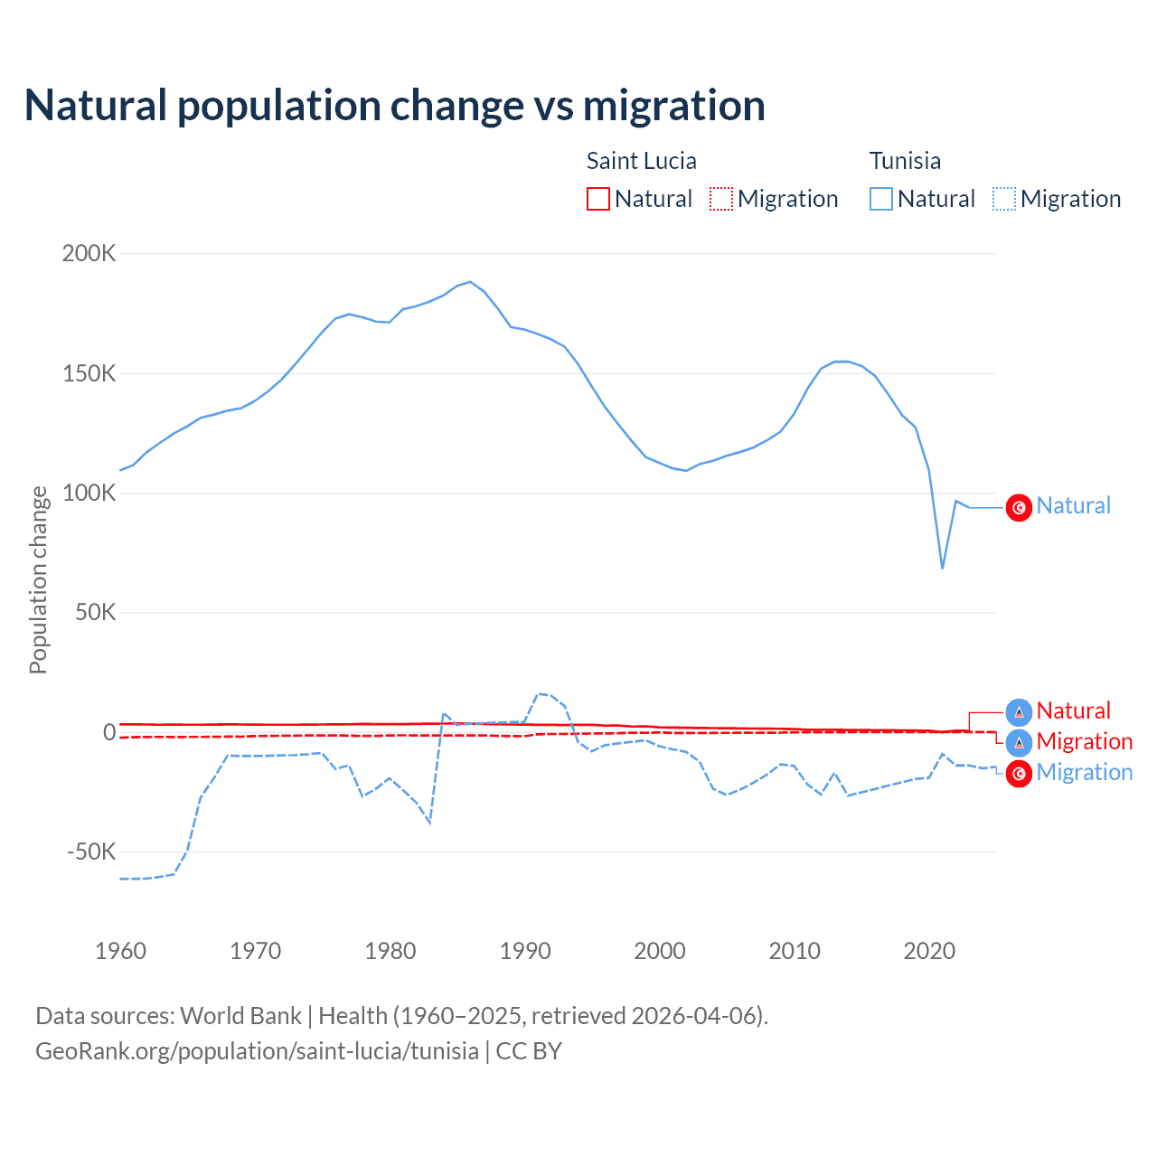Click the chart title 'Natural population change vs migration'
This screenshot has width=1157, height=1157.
click(x=395, y=106)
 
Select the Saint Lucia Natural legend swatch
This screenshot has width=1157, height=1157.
click(x=598, y=199)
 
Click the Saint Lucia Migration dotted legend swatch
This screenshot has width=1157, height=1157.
click(x=721, y=199)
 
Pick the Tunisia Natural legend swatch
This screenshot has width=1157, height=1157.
click(x=881, y=199)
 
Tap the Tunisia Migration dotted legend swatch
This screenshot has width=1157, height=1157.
click(x=1004, y=199)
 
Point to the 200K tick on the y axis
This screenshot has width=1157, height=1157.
click(x=89, y=253)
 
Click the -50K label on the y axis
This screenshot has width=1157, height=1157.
click(x=91, y=851)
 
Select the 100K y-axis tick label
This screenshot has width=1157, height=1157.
click(x=89, y=493)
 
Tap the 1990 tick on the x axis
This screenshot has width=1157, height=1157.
click(x=525, y=951)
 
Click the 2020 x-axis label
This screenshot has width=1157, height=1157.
click(x=929, y=951)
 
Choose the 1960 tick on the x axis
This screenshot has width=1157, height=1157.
click(x=120, y=951)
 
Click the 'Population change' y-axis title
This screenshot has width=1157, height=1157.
click(x=38, y=579)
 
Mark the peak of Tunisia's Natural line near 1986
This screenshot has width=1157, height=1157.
click(x=470, y=281)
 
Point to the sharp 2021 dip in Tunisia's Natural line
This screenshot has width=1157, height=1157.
click(x=943, y=568)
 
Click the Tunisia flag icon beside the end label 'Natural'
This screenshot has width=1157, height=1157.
click(x=1019, y=508)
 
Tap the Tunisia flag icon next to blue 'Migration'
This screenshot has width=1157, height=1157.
click(x=1019, y=774)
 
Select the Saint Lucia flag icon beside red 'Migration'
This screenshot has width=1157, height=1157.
click(x=1019, y=743)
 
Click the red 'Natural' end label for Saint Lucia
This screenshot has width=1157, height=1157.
click(x=1073, y=710)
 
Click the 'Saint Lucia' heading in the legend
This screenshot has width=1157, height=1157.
click(x=642, y=161)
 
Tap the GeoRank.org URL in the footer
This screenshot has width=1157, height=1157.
click(x=258, y=1051)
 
